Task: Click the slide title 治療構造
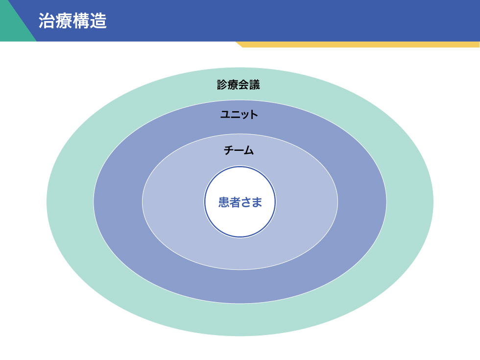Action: (72, 22)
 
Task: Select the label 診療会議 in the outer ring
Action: (239, 85)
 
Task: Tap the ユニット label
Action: (239, 115)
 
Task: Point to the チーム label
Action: (239, 151)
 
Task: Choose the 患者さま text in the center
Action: (240, 202)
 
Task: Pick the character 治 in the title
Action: (47, 22)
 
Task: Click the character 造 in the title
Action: (98, 22)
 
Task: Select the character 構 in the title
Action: (81, 22)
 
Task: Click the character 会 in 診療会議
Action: (244, 85)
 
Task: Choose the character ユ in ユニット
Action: (225, 115)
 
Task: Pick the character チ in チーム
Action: (229, 151)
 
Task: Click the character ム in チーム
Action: (249, 151)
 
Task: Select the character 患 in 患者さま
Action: (224, 202)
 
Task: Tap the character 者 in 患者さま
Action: (235, 202)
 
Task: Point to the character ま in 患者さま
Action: (257, 202)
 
